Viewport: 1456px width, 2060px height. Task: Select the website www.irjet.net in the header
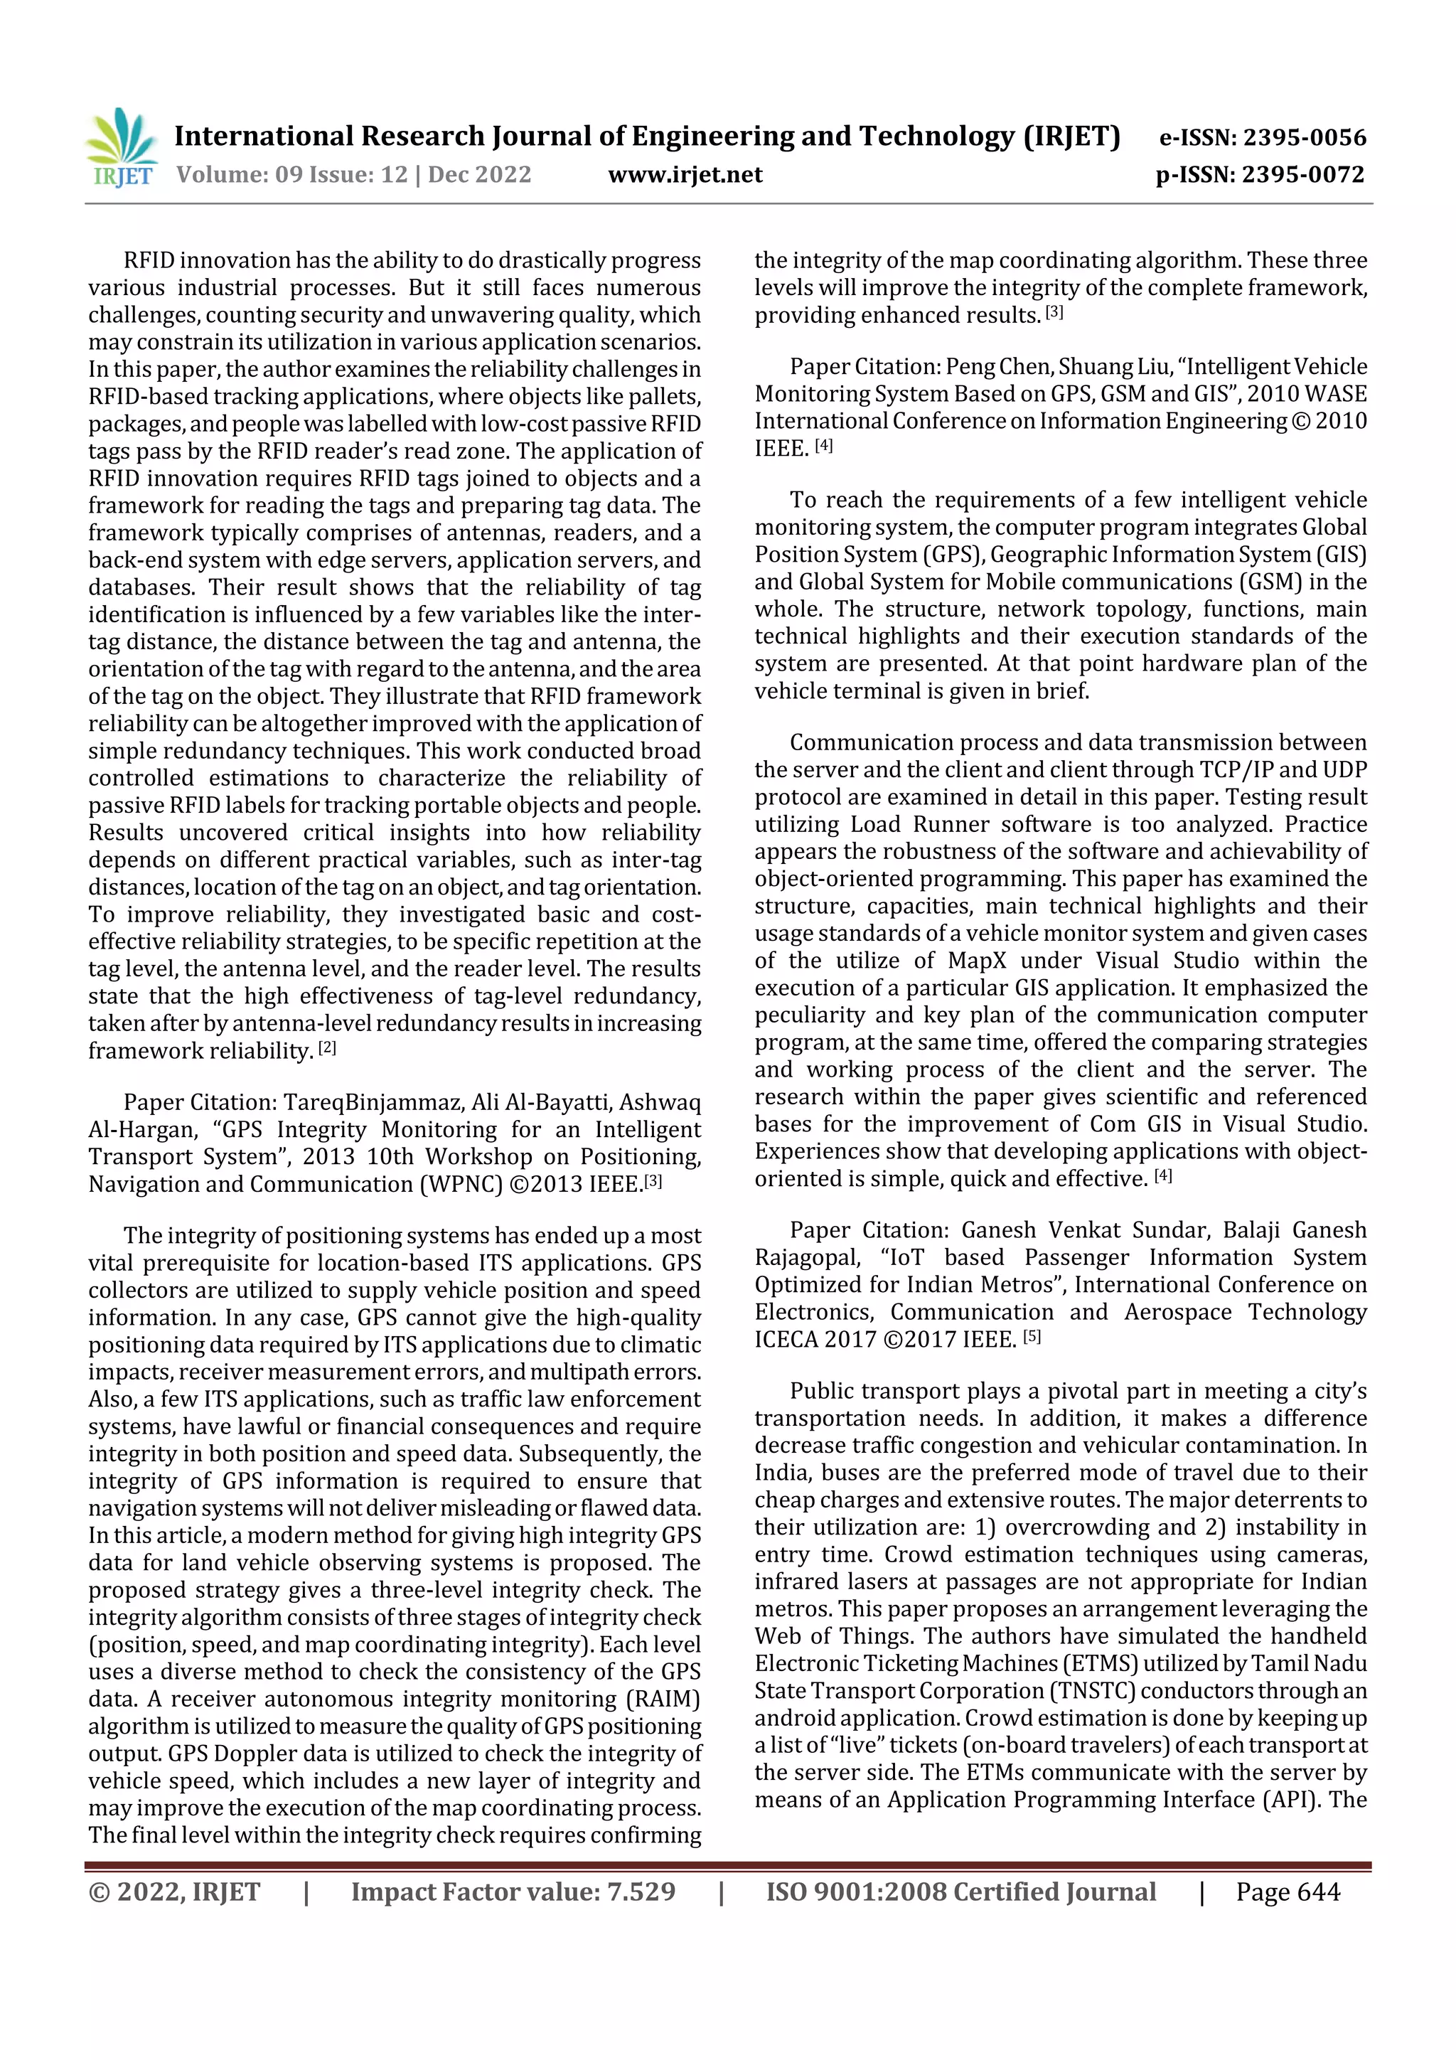[x=685, y=175]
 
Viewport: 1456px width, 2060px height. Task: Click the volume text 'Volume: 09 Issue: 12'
[x=291, y=175]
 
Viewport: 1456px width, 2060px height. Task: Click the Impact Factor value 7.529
[x=641, y=1892]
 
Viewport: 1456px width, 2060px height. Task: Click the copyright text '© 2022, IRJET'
[x=174, y=1892]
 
